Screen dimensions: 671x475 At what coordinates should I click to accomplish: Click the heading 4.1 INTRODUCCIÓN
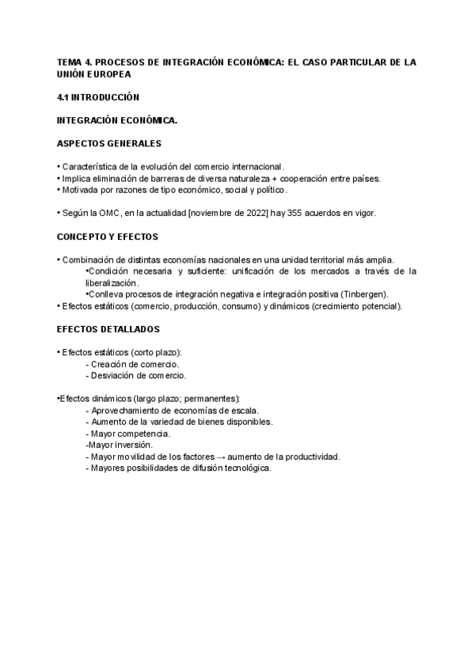[x=98, y=97]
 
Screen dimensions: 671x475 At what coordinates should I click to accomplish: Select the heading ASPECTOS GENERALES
[x=109, y=143]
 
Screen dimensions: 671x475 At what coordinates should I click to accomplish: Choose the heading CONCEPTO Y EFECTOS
[x=108, y=237]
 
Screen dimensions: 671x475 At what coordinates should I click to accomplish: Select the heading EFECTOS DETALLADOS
[x=108, y=328]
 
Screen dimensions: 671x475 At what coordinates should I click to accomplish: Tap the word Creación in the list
[x=108, y=364]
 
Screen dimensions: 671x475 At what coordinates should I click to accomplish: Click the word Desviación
[x=112, y=376]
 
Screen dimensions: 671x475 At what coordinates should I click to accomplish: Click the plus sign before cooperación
[x=275, y=179]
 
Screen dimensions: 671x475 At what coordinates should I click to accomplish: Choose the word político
[x=270, y=190]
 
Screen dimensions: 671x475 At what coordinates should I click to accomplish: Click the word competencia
[x=145, y=434]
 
